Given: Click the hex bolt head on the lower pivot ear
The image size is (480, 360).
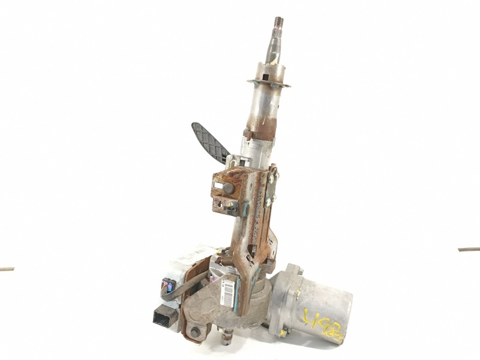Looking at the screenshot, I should pyautogui.click(x=196, y=332).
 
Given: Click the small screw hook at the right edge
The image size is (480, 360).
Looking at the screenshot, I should pyautogui.click(x=468, y=248).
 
